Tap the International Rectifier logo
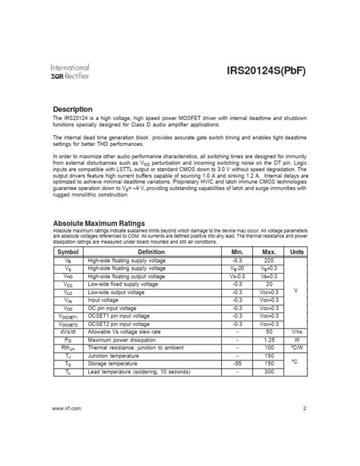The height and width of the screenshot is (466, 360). (x=69, y=72)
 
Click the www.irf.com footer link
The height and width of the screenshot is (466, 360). (x=66, y=431)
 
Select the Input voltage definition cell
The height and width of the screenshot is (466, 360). (x=106, y=300)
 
